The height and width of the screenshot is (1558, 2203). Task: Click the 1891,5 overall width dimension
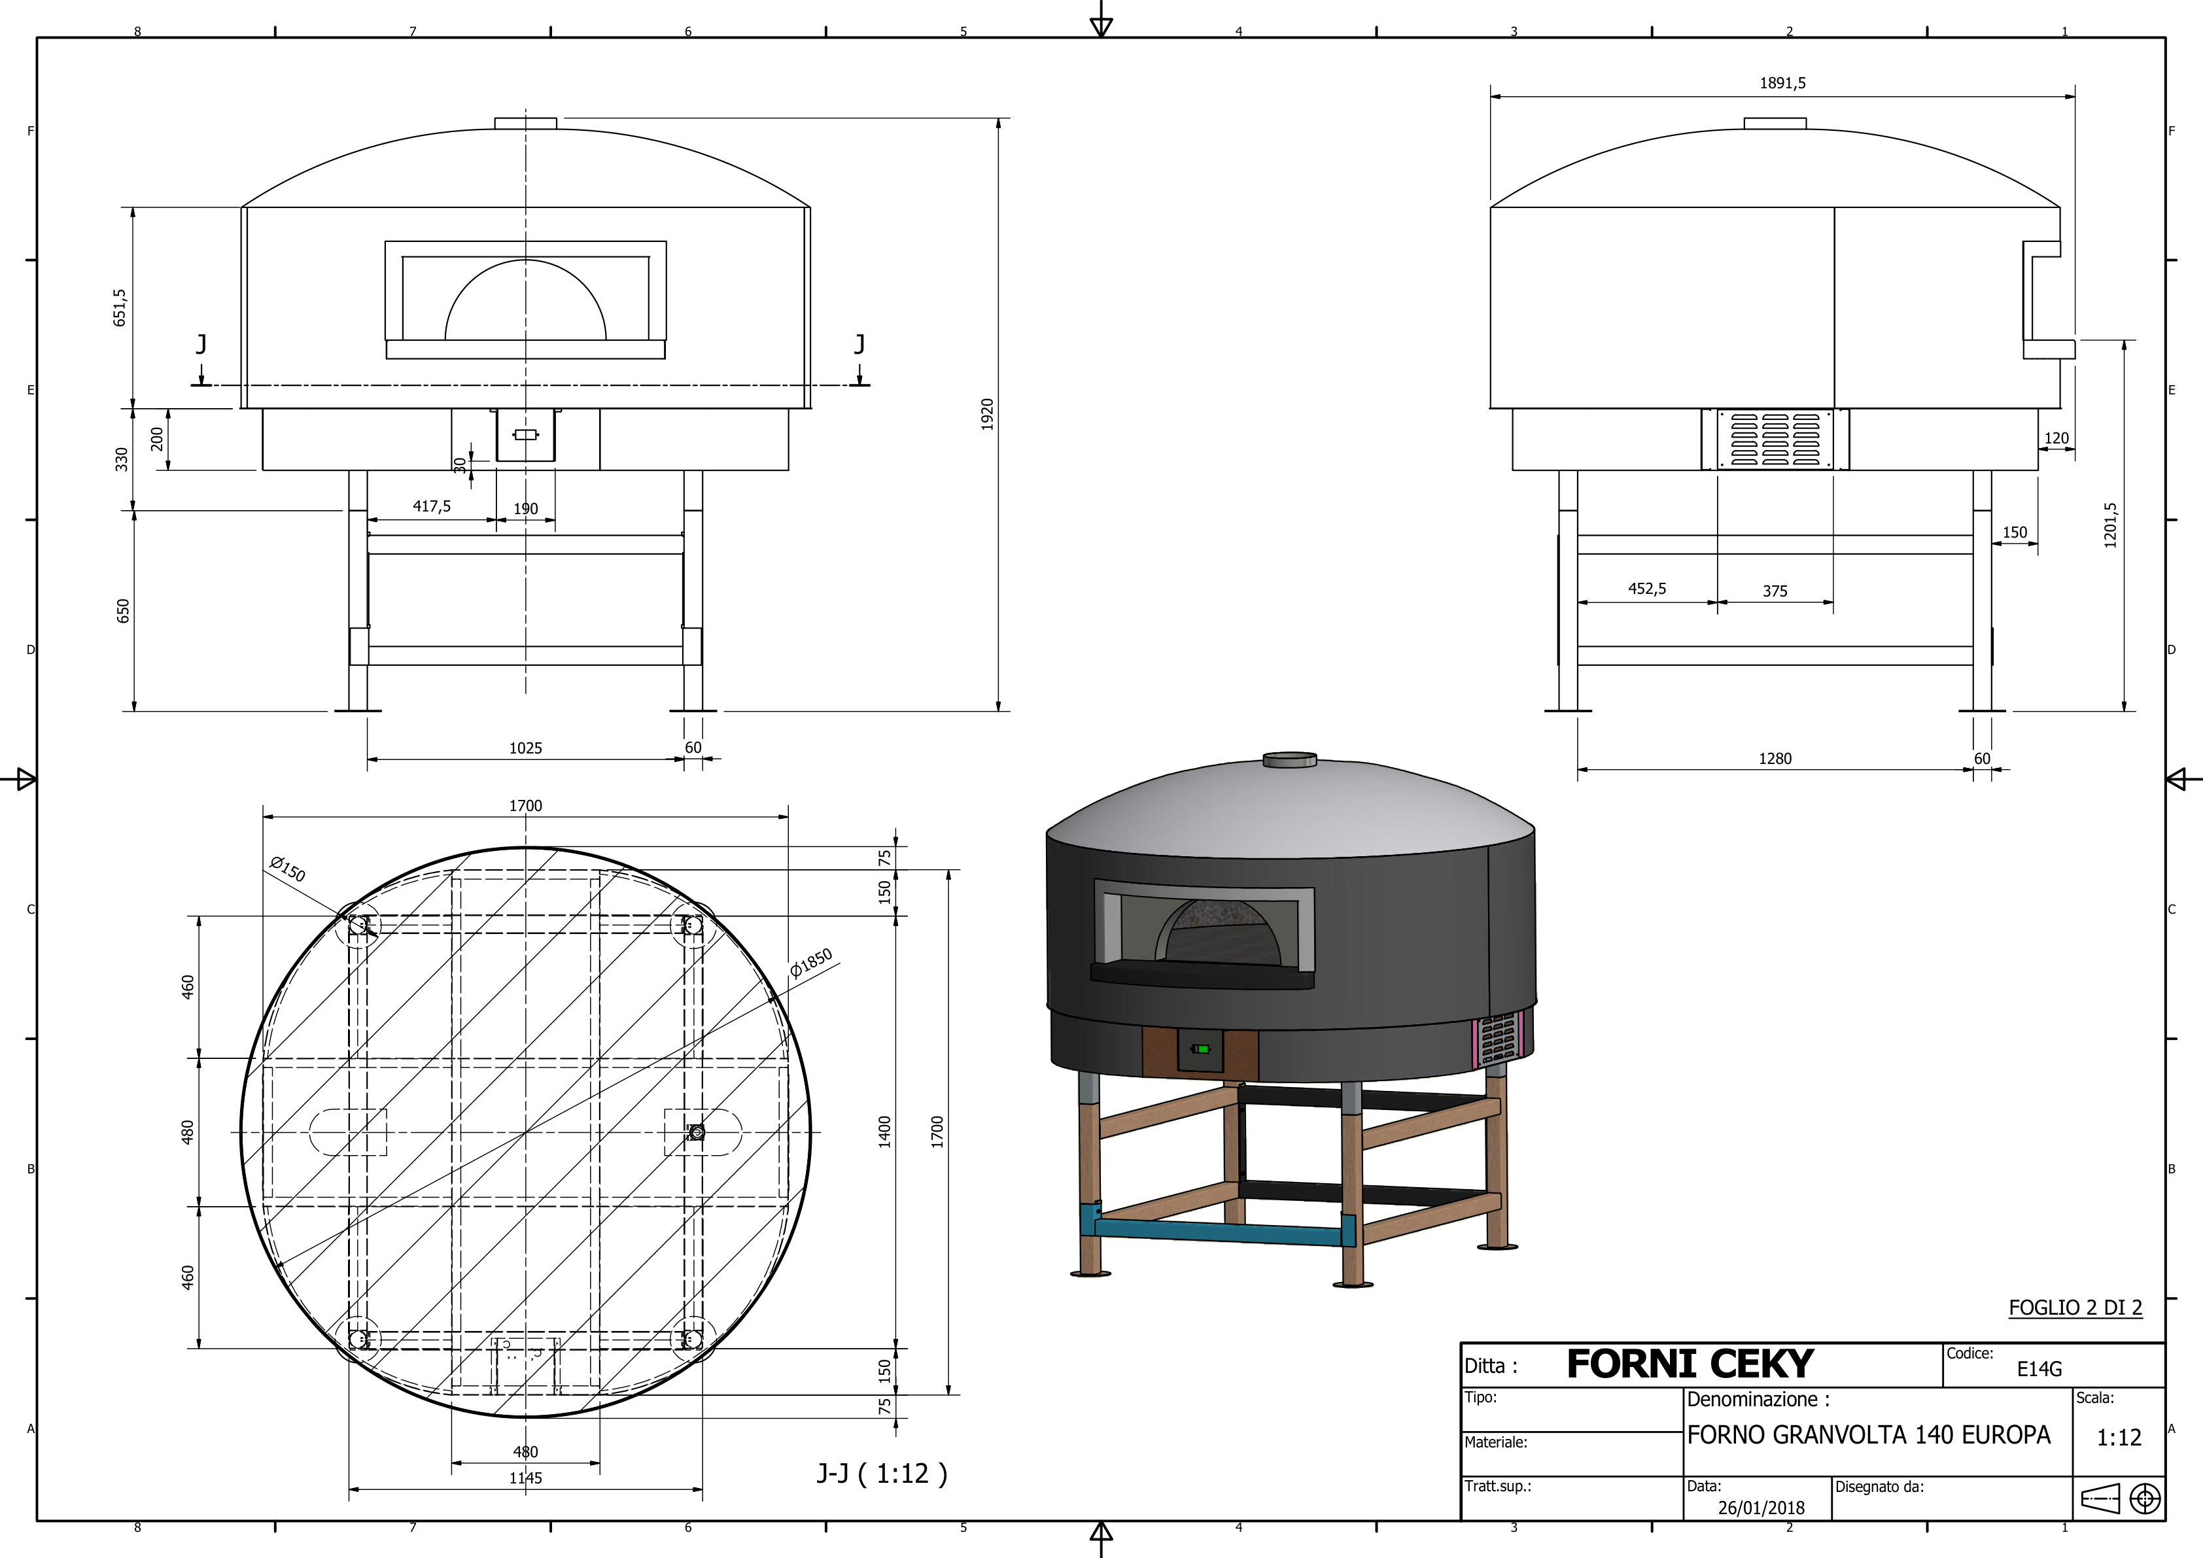(x=1782, y=84)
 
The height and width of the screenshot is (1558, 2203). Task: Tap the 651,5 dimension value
(x=120, y=307)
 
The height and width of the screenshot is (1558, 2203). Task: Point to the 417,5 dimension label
(x=432, y=506)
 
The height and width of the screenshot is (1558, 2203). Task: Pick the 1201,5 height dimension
(x=2110, y=525)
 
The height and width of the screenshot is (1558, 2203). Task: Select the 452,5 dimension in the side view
(x=1646, y=588)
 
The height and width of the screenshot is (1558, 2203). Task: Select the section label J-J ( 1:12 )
(x=881, y=1472)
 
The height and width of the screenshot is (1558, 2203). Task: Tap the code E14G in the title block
(x=2039, y=1369)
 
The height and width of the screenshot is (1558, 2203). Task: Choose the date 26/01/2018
(x=1761, y=1507)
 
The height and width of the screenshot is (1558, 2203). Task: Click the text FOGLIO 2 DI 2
(x=2074, y=1307)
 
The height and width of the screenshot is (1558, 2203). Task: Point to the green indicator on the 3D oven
(x=1200, y=1048)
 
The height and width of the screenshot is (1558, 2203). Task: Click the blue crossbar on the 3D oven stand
(x=1219, y=1231)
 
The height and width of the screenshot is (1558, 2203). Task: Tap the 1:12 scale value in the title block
(x=2119, y=1437)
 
